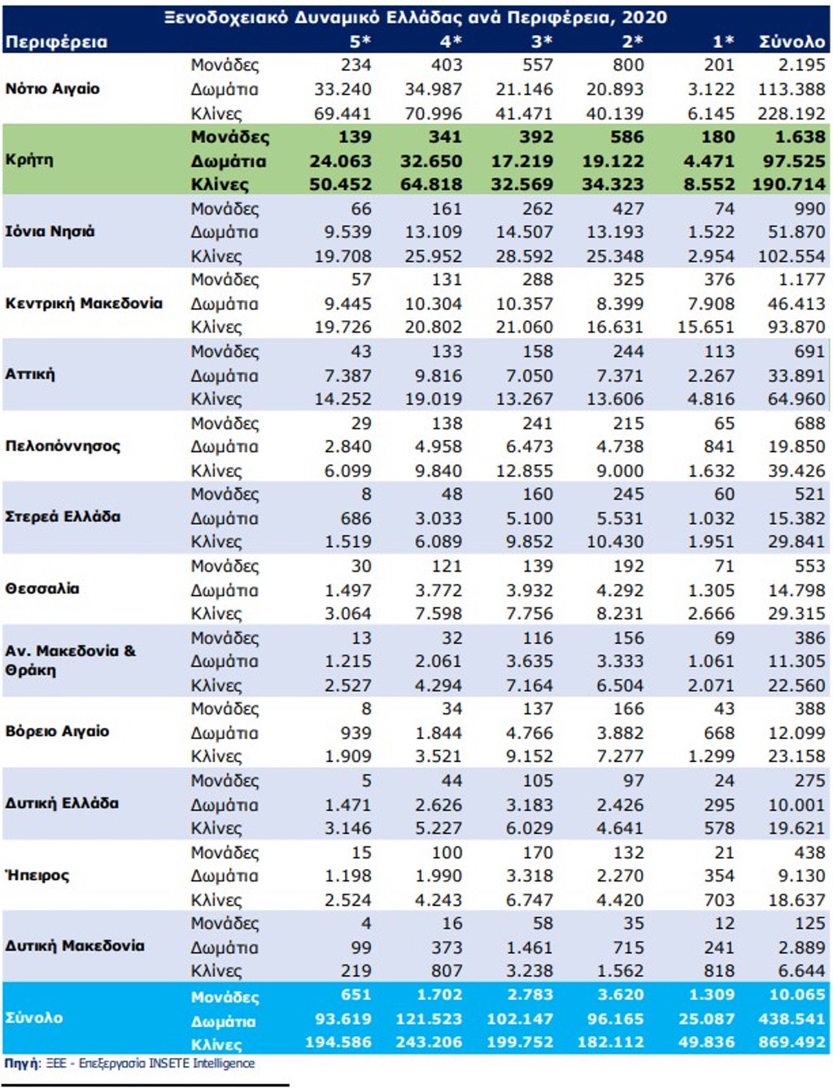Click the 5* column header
pos(360,41)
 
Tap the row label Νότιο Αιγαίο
pos(53,89)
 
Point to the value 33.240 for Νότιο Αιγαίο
pos(342,89)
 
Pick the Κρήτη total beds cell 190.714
pos(789,185)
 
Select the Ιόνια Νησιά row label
pos(50,232)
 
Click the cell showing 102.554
pos(792,256)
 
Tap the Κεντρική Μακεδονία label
pos(84,303)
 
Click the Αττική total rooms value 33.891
pos(796,376)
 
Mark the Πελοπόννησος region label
pos(63,446)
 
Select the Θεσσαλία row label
pos(42,589)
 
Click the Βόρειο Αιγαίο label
pos(57,732)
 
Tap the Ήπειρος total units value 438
pos(809,852)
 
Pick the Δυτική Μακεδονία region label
pos(75,946)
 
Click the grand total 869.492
pos(792,1042)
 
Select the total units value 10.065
pos(797,994)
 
